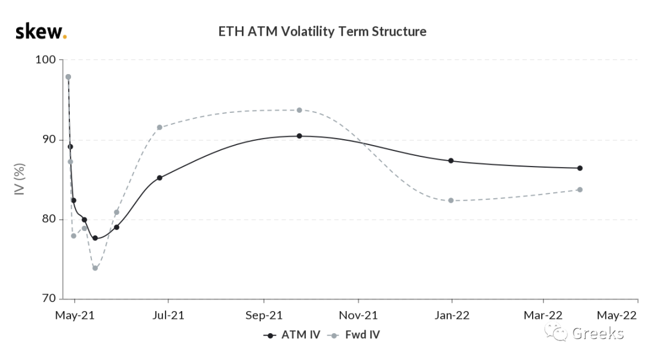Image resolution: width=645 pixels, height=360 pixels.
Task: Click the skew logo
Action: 41,32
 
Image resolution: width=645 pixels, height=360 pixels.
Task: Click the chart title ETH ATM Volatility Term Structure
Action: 322,32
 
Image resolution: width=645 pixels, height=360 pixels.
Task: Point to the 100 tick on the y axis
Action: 45,60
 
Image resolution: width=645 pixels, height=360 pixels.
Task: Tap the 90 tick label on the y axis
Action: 49,140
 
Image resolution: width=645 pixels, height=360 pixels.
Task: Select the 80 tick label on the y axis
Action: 49,219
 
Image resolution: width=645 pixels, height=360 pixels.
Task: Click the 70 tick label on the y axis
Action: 49,299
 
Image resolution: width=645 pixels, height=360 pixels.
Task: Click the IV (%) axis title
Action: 19,179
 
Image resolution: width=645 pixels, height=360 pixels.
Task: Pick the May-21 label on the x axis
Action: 75,316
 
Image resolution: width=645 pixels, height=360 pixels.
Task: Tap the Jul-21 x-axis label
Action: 168,316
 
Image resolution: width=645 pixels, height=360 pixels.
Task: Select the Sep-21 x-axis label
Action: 264,316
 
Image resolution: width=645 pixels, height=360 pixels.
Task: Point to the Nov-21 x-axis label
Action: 358,316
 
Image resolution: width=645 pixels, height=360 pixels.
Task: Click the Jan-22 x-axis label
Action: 452,316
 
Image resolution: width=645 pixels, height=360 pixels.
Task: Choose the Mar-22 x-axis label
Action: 543,316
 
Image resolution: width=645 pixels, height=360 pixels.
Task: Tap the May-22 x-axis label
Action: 616,316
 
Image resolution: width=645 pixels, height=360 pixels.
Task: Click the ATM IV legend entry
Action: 291,335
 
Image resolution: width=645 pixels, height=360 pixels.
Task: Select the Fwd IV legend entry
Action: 354,335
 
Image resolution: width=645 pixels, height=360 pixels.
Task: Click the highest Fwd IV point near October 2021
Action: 299,110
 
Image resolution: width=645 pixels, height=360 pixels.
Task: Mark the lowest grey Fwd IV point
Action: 95,268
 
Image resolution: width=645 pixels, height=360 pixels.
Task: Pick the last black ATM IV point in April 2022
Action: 580,168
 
